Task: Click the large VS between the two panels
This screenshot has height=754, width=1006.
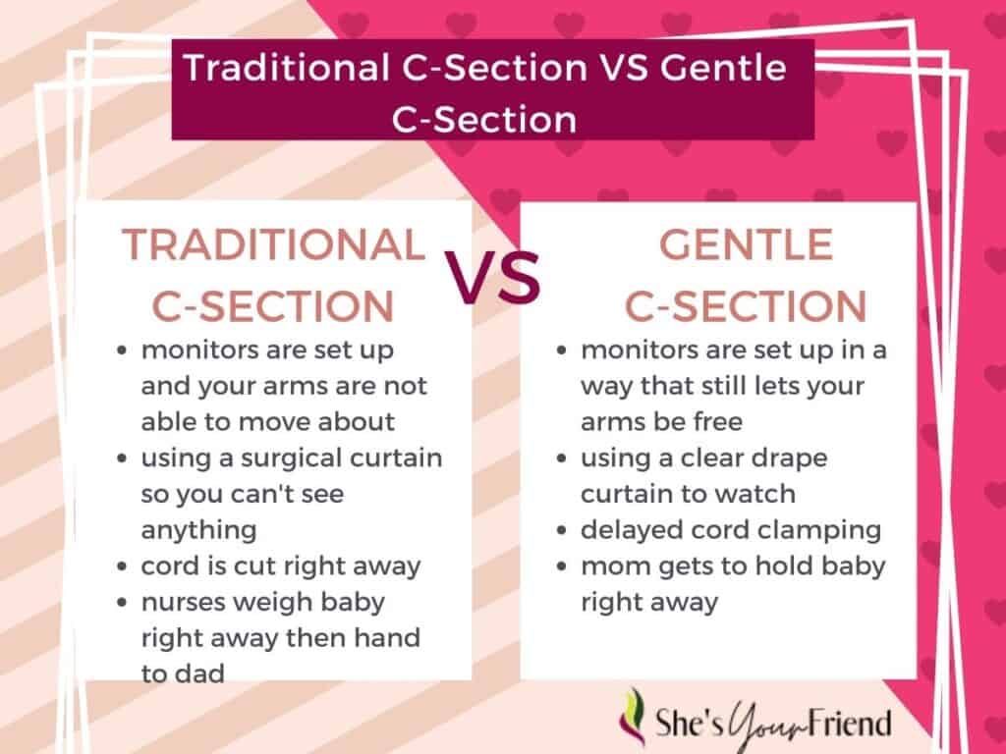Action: coord(493,278)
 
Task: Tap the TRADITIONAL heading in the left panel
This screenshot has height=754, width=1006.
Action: coord(274,244)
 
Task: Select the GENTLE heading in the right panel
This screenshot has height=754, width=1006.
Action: coord(747,244)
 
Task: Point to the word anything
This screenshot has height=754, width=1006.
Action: coord(198,531)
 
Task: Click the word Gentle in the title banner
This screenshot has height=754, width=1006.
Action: coord(723,67)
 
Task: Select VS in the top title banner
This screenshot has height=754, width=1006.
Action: coord(623,67)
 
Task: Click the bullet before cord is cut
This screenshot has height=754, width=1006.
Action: coord(122,566)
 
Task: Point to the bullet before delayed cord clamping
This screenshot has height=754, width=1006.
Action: coord(562,531)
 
